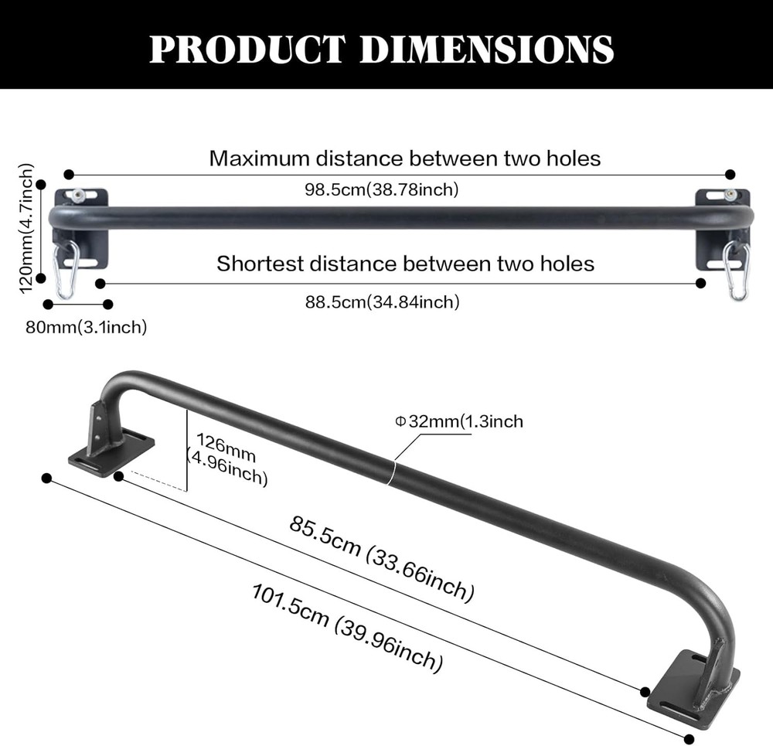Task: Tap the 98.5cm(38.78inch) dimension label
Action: [382, 189]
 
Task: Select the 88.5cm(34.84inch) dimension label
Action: [382, 302]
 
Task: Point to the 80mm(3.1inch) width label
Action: [86, 327]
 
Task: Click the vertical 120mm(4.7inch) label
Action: [26, 229]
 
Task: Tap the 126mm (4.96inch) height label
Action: [227, 459]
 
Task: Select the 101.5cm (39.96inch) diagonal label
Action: [347, 626]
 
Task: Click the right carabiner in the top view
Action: [735, 270]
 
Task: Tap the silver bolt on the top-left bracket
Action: [77, 195]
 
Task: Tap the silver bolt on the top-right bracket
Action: [730, 196]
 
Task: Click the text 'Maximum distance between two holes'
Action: [404, 158]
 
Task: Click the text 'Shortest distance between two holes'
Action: [405, 264]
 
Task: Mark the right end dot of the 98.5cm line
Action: [730, 175]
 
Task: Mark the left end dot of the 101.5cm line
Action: [46, 479]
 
